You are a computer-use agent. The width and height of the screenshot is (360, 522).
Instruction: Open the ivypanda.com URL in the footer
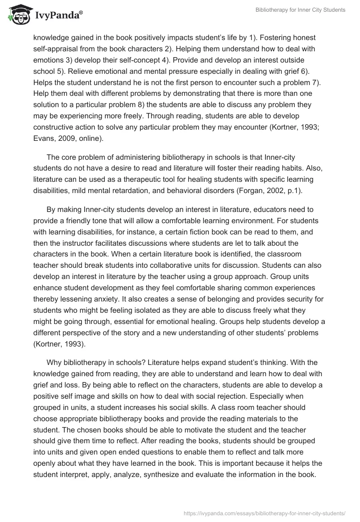tap(265, 513)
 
